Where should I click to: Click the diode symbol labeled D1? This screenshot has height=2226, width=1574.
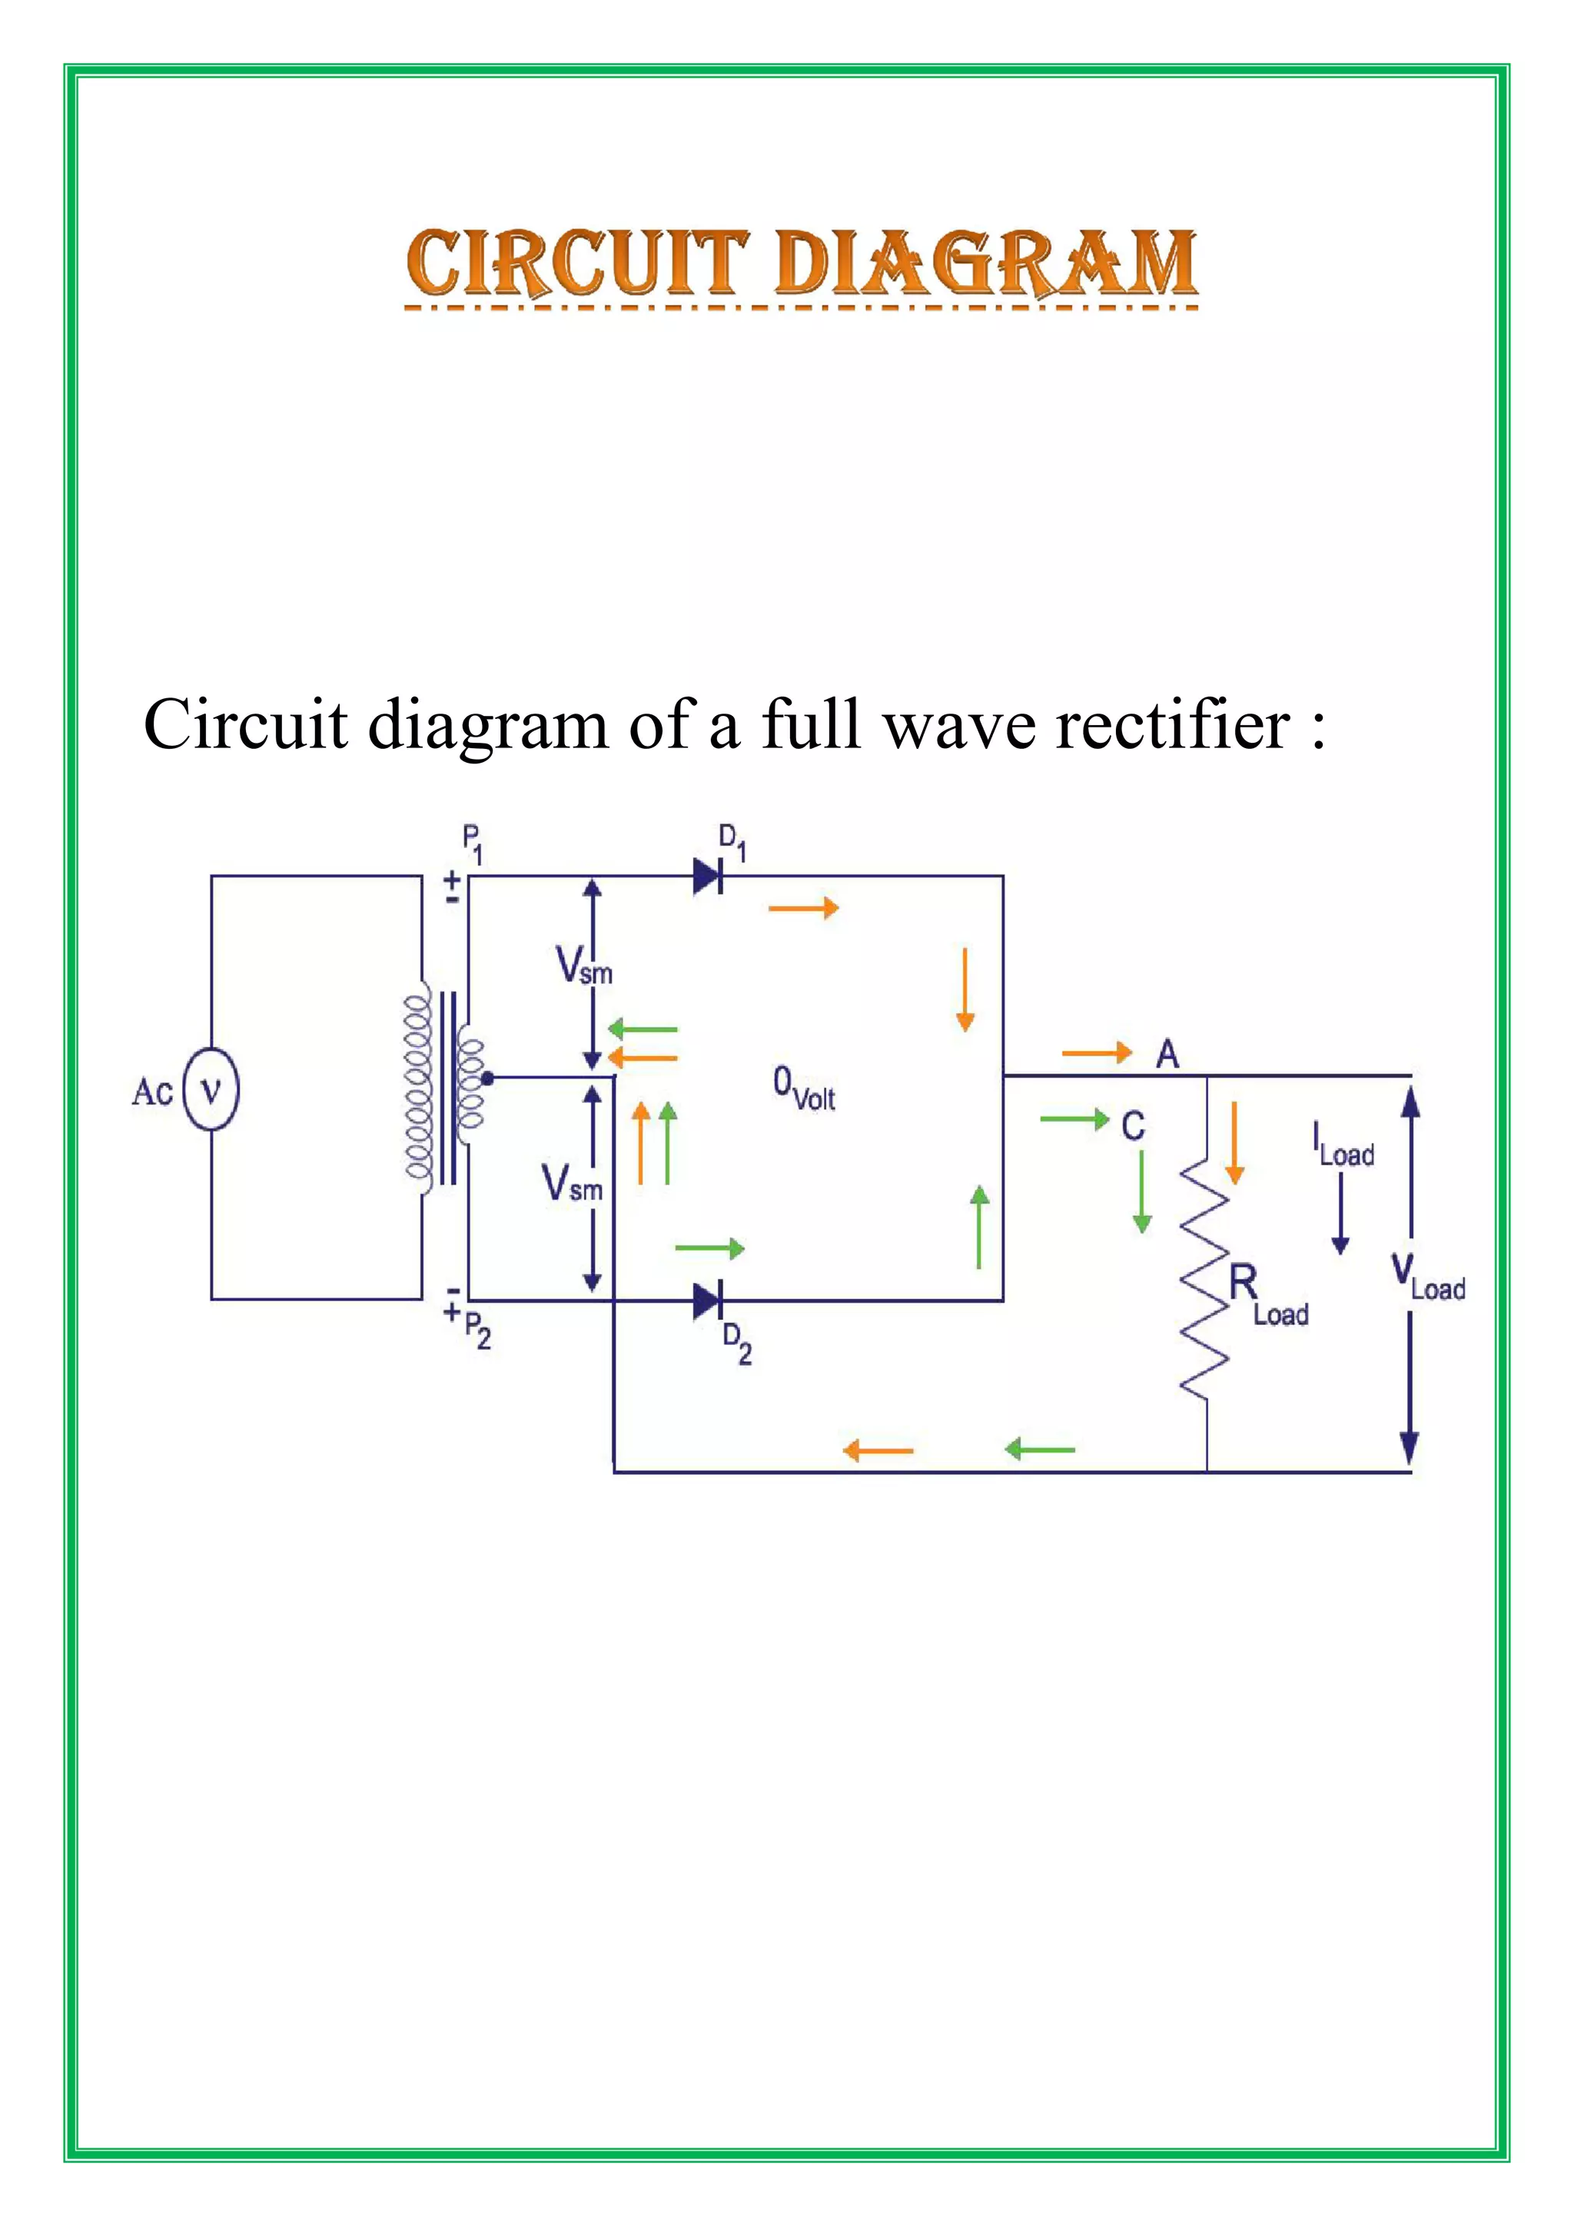[x=708, y=876]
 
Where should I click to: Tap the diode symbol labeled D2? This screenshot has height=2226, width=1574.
[x=708, y=1300]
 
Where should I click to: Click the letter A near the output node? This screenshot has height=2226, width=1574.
[x=1167, y=1054]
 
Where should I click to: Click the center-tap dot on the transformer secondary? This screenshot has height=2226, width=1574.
[x=488, y=1077]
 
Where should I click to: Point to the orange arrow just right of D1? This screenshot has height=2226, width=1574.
[x=803, y=909]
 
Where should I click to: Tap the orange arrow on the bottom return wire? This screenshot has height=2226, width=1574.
[x=878, y=1450]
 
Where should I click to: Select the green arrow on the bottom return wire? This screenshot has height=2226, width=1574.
[x=1040, y=1449]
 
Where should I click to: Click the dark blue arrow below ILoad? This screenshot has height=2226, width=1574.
[x=1340, y=1212]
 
